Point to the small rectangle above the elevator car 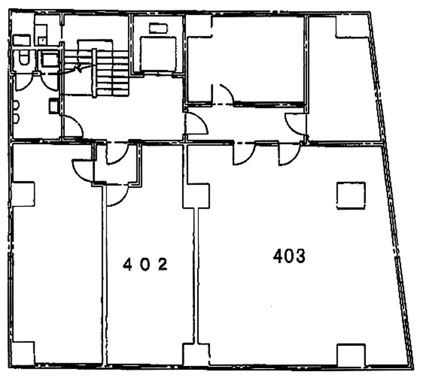(158, 28)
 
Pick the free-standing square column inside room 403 (351, 196)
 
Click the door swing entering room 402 (117, 194)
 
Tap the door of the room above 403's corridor (224, 94)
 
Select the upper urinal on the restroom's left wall (17, 105)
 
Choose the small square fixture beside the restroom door (54, 106)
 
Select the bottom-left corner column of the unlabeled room (23, 353)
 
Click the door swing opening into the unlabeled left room (83, 169)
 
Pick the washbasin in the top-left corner (21, 39)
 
